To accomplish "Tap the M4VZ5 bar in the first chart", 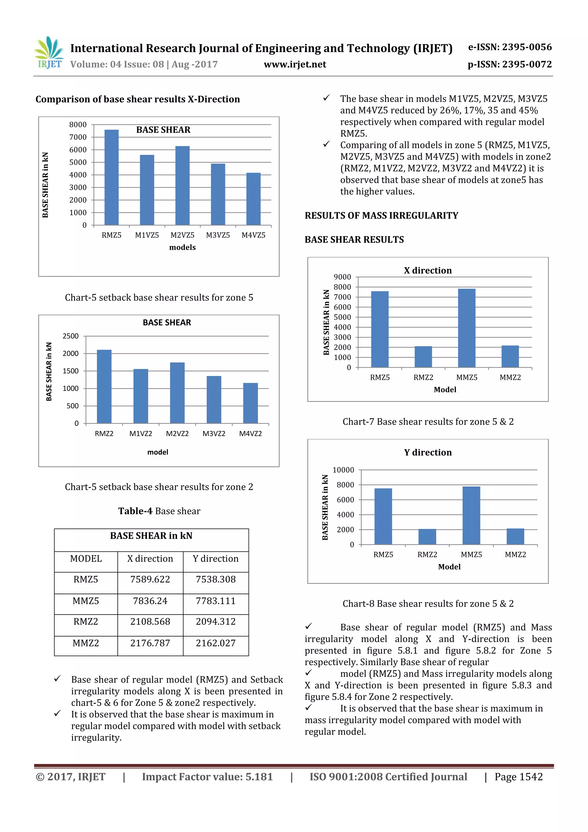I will (253, 199).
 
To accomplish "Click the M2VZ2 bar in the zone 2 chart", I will (177, 393).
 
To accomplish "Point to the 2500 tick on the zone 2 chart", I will (71, 336).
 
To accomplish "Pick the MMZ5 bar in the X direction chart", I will (466, 328).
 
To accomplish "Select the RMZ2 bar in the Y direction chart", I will (427, 537).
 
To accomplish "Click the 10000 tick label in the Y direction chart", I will (343, 470).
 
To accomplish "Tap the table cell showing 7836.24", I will (150, 601).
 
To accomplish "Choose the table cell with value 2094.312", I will (216, 621).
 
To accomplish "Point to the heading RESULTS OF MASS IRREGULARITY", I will (381, 216).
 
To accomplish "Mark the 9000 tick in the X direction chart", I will (342, 277).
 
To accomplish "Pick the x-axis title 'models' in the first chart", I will (182, 247).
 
